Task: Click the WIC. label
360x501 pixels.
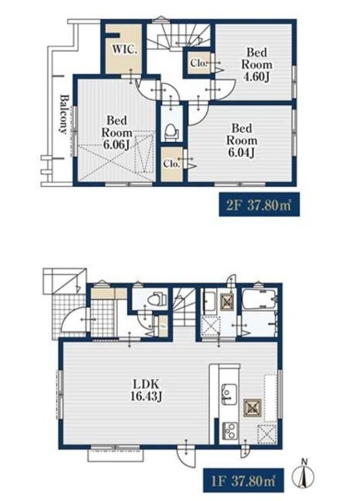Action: click(x=124, y=49)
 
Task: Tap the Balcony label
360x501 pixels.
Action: click(x=64, y=114)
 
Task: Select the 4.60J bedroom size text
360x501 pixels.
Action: click(x=256, y=77)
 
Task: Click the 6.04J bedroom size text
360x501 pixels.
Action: click(x=241, y=153)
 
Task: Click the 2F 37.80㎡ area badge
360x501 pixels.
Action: click(x=259, y=205)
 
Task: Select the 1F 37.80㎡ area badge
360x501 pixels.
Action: click(x=244, y=481)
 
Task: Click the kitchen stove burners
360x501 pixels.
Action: click(x=230, y=430)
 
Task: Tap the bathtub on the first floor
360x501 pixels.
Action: click(x=259, y=299)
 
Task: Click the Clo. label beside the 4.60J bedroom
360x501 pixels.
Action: click(x=199, y=63)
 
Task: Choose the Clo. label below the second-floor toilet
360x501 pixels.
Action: click(x=172, y=164)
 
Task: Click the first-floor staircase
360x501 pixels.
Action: click(x=185, y=306)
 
